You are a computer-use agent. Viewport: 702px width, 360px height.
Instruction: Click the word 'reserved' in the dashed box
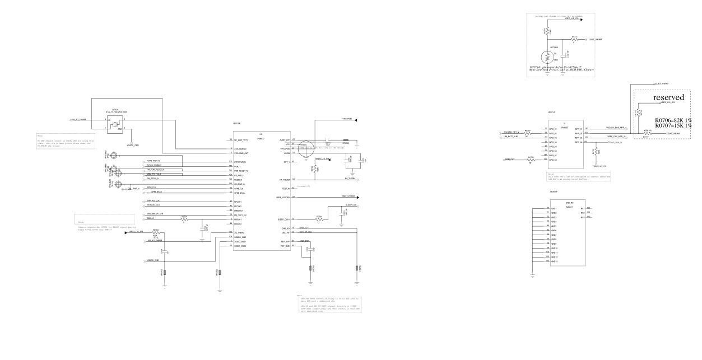[668, 97]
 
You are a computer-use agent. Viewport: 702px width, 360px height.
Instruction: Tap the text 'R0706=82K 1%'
[672, 120]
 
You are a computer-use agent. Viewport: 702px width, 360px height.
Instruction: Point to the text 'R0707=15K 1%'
[672, 126]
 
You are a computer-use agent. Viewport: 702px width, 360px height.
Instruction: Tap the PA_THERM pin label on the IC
[283, 179]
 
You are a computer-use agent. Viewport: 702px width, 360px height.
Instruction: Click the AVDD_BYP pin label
[283, 139]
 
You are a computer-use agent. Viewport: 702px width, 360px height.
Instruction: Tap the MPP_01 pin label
[579, 129]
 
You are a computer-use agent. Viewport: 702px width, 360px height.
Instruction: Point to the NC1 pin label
[583, 208]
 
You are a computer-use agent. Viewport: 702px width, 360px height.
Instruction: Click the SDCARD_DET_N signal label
[510, 133]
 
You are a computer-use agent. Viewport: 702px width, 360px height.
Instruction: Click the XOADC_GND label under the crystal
[132, 144]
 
